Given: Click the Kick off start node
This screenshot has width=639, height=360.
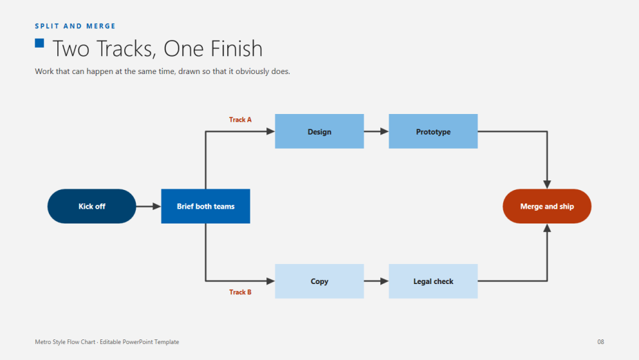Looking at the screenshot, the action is pyautogui.click(x=91, y=206).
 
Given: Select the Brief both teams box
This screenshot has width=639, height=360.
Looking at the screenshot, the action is pyautogui.click(x=205, y=206).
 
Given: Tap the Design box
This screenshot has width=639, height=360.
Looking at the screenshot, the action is pyautogui.click(x=319, y=131).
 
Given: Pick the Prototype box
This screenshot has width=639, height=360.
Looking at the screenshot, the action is pyautogui.click(x=433, y=131).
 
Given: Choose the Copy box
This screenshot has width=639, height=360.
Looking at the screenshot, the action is pyautogui.click(x=319, y=281).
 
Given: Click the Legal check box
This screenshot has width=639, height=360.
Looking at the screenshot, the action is pyautogui.click(x=433, y=281).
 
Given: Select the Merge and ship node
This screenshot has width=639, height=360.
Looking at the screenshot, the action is pyautogui.click(x=547, y=206).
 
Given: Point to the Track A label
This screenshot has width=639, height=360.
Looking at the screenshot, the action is pyautogui.click(x=240, y=119).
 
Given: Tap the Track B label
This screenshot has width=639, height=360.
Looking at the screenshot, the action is pyautogui.click(x=240, y=292).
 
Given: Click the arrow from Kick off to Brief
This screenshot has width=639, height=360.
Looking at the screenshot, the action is pyautogui.click(x=149, y=206).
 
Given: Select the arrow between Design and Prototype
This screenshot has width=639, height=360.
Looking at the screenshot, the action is pyautogui.click(x=376, y=131).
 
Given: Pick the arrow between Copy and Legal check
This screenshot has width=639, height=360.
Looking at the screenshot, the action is pyautogui.click(x=376, y=281).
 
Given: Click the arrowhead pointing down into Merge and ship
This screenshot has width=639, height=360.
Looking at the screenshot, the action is pyautogui.click(x=547, y=185).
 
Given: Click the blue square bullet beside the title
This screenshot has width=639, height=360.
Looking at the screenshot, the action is pyautogui.click(x=39, y=43).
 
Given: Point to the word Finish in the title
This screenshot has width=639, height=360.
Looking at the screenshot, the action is pyautogui.click(x=236, y=48).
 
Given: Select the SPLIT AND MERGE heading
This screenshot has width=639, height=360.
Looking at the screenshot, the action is pyautogui.click(x=75, y=26).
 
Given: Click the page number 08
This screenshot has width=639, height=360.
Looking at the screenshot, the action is pyautogui.click(x=600, y=342).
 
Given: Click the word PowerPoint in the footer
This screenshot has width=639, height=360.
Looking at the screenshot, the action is pyautogui.click(x=137, y=342).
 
